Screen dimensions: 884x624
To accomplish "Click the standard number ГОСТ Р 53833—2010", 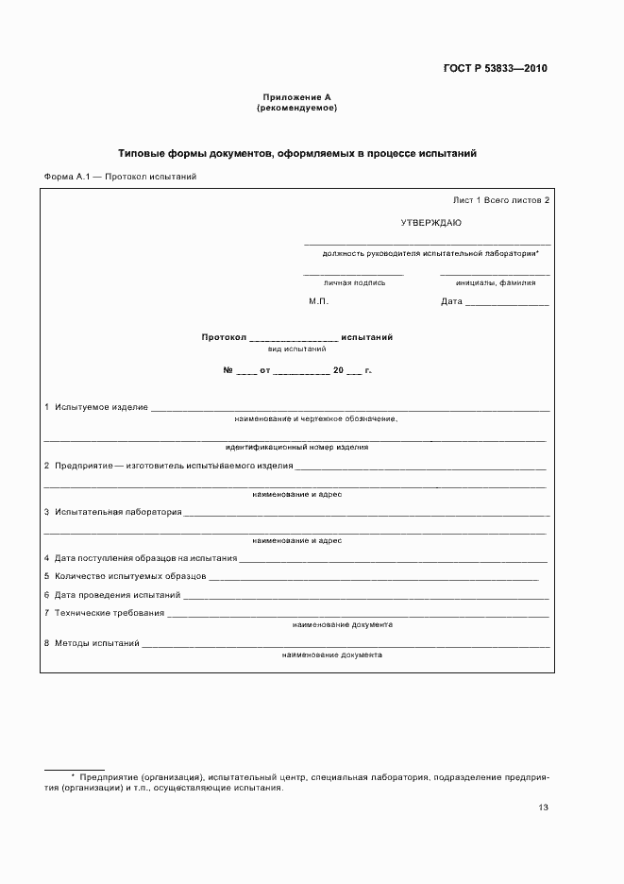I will point(495,69).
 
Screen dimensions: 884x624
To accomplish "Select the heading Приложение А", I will point(296,97).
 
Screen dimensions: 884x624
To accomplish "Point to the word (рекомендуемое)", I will point(296,109).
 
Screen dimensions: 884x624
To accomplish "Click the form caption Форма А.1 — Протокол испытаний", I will point(120,177).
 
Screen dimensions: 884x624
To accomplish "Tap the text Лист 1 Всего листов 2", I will point(500,200).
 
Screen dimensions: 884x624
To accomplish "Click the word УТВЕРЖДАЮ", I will point(430,222).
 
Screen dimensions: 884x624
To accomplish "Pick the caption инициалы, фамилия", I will point(495,281).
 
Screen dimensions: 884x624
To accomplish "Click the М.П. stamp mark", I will point(317,302).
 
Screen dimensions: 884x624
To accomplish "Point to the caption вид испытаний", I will point(296,348).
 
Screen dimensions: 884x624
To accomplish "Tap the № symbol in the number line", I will point(228,370).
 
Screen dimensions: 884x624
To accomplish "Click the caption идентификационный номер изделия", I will point(296,447).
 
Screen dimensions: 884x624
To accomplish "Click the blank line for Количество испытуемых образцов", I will point(373,576).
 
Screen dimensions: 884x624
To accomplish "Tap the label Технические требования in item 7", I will point(109,613).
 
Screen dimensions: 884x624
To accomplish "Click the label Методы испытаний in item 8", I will point(96,642).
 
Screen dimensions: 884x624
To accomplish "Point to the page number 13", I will point(543,807).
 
